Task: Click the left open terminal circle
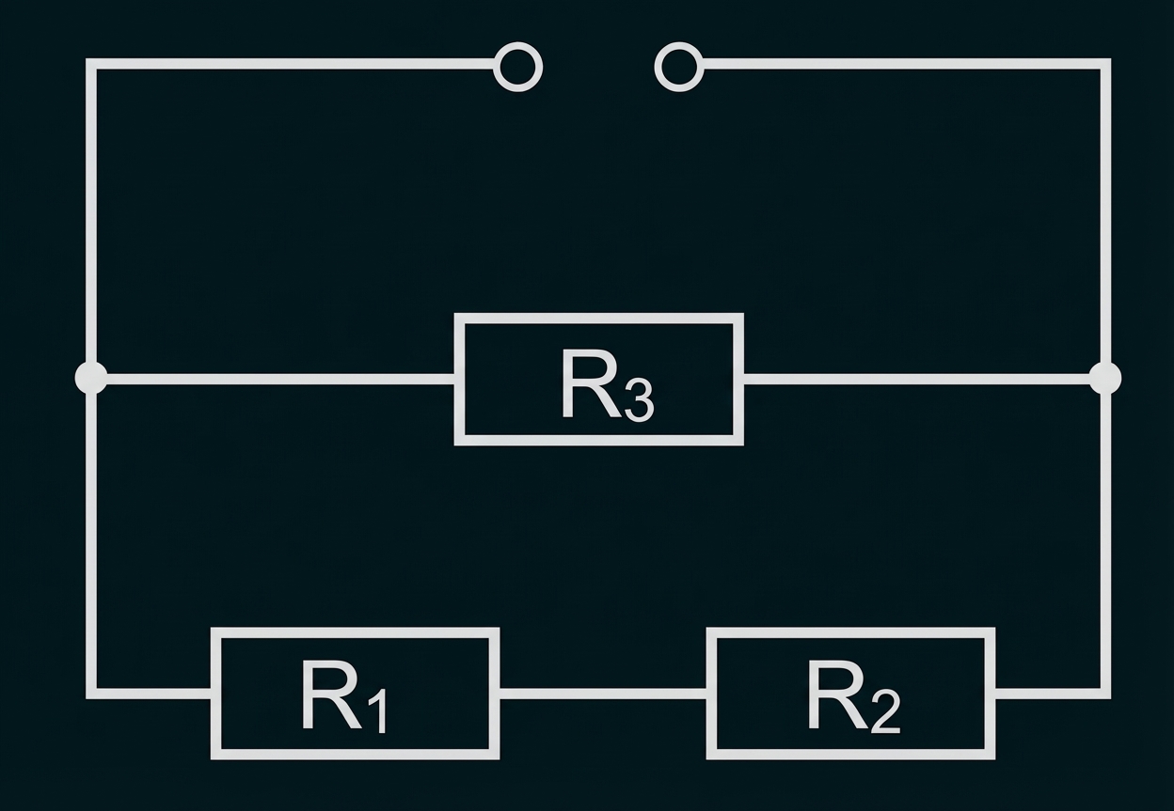pos(518,67)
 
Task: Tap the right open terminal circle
pos(678,67)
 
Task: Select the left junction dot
pos(91,378)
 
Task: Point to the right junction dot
pos(1105,378)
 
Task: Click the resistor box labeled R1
pos(355,694)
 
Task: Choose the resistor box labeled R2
pos(851,694)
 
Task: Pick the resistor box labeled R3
pos(599,379)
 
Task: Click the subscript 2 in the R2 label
pos(885,714)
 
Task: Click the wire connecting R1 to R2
pos(603,694)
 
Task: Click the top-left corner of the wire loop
pos(91,64)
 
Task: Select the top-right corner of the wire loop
pos(1105,64)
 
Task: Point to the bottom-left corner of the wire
pos(91,694)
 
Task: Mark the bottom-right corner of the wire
pos(1105,694)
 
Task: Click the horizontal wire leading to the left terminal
pos(292,64)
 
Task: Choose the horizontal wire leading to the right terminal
pos(903,64)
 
